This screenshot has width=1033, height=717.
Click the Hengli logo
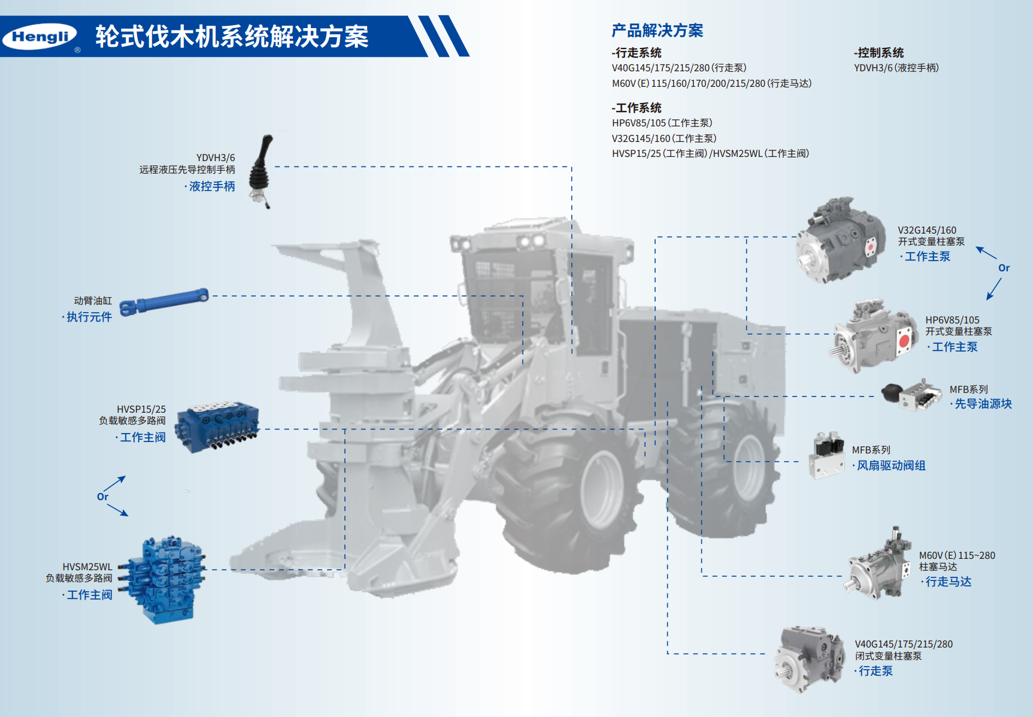[x=40, y=37]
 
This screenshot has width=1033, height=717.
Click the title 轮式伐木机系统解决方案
[x=232, y=37]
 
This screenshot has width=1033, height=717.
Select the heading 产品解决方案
[x=657, y=31]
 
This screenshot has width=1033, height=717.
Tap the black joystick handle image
[x=261, y=171]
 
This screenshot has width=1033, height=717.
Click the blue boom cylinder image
[x=164, y=301]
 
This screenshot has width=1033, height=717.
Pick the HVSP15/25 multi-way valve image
[x=217, y=427]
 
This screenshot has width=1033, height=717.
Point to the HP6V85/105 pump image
[x=874, y=336]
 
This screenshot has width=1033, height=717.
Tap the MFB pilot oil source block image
[x=911, y=394]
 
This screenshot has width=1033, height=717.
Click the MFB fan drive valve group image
[x=827, y=455]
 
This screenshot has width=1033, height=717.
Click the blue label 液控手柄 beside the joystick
[x=212, y=186]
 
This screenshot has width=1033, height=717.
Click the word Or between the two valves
[x=103, y=497]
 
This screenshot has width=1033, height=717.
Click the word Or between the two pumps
[x=1004, y=268]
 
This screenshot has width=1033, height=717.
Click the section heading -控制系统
[x=878, y=53]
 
